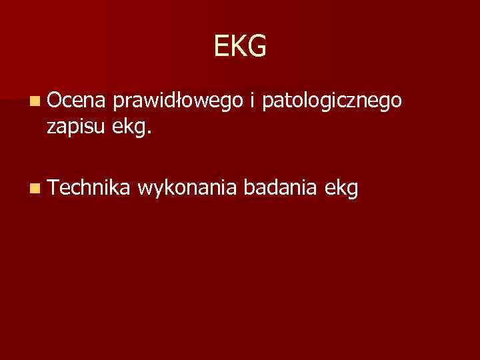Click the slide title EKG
click(240, 47)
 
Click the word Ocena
click(76, 101)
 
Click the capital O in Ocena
click(55, 101)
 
